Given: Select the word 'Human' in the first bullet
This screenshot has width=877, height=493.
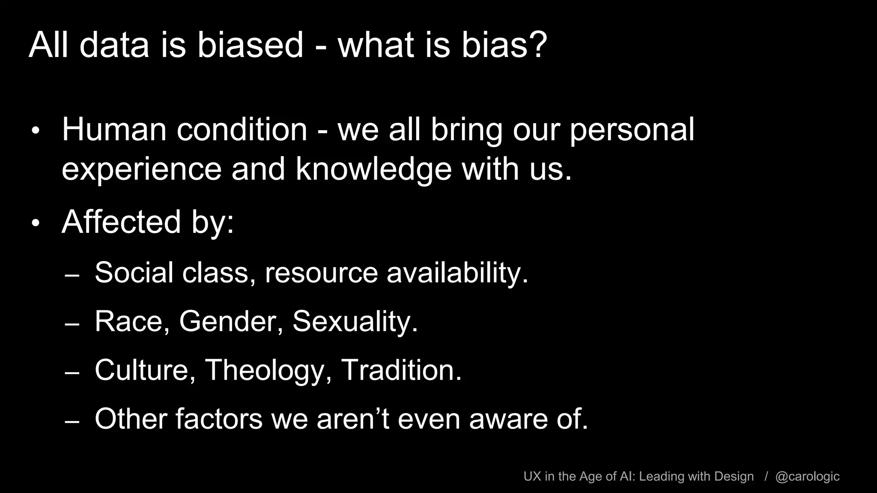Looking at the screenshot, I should coord(114,129).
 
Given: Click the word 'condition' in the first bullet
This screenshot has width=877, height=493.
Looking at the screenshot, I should coord(242,129).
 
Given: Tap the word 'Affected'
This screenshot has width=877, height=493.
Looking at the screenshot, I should coord(121,222).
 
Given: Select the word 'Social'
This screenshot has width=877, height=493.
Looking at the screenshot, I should coord(134,272).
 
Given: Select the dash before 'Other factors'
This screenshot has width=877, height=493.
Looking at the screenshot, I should coord(72,421).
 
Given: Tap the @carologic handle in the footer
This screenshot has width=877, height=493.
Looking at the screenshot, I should coord(807,477).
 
